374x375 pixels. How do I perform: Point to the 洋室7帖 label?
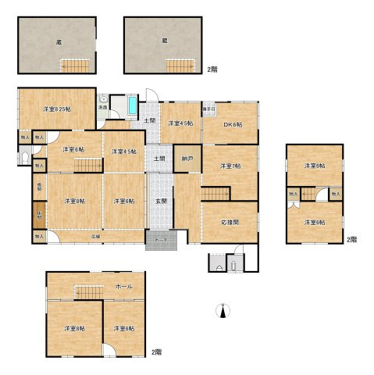tap(229, 166)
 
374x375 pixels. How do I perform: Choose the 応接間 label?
tap(229, 223)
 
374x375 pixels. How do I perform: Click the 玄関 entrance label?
tap(161, 202)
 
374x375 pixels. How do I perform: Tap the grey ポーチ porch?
tap(161, 241)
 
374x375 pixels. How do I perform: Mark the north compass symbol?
tap(224, 312)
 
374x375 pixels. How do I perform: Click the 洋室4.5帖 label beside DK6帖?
tap(180, 123)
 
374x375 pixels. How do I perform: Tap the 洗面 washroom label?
tap(103, 106)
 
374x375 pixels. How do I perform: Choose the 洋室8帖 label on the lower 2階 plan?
tap(75, 328)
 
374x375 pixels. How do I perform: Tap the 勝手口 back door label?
tap(208, 108)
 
